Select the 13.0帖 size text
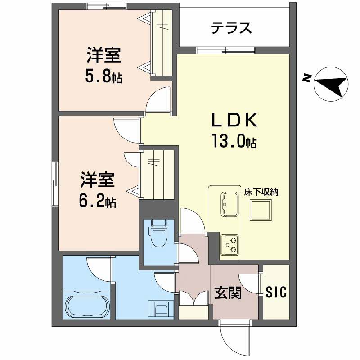(x=234, y=142)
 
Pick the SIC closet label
(x=276, y=292)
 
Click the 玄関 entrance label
(x=228, y=293)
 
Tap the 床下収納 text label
(x=262, y=192)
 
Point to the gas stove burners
(x=230, y=245)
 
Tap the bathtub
(x=87, y=306)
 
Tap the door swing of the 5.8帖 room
(x=158, y=100)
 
